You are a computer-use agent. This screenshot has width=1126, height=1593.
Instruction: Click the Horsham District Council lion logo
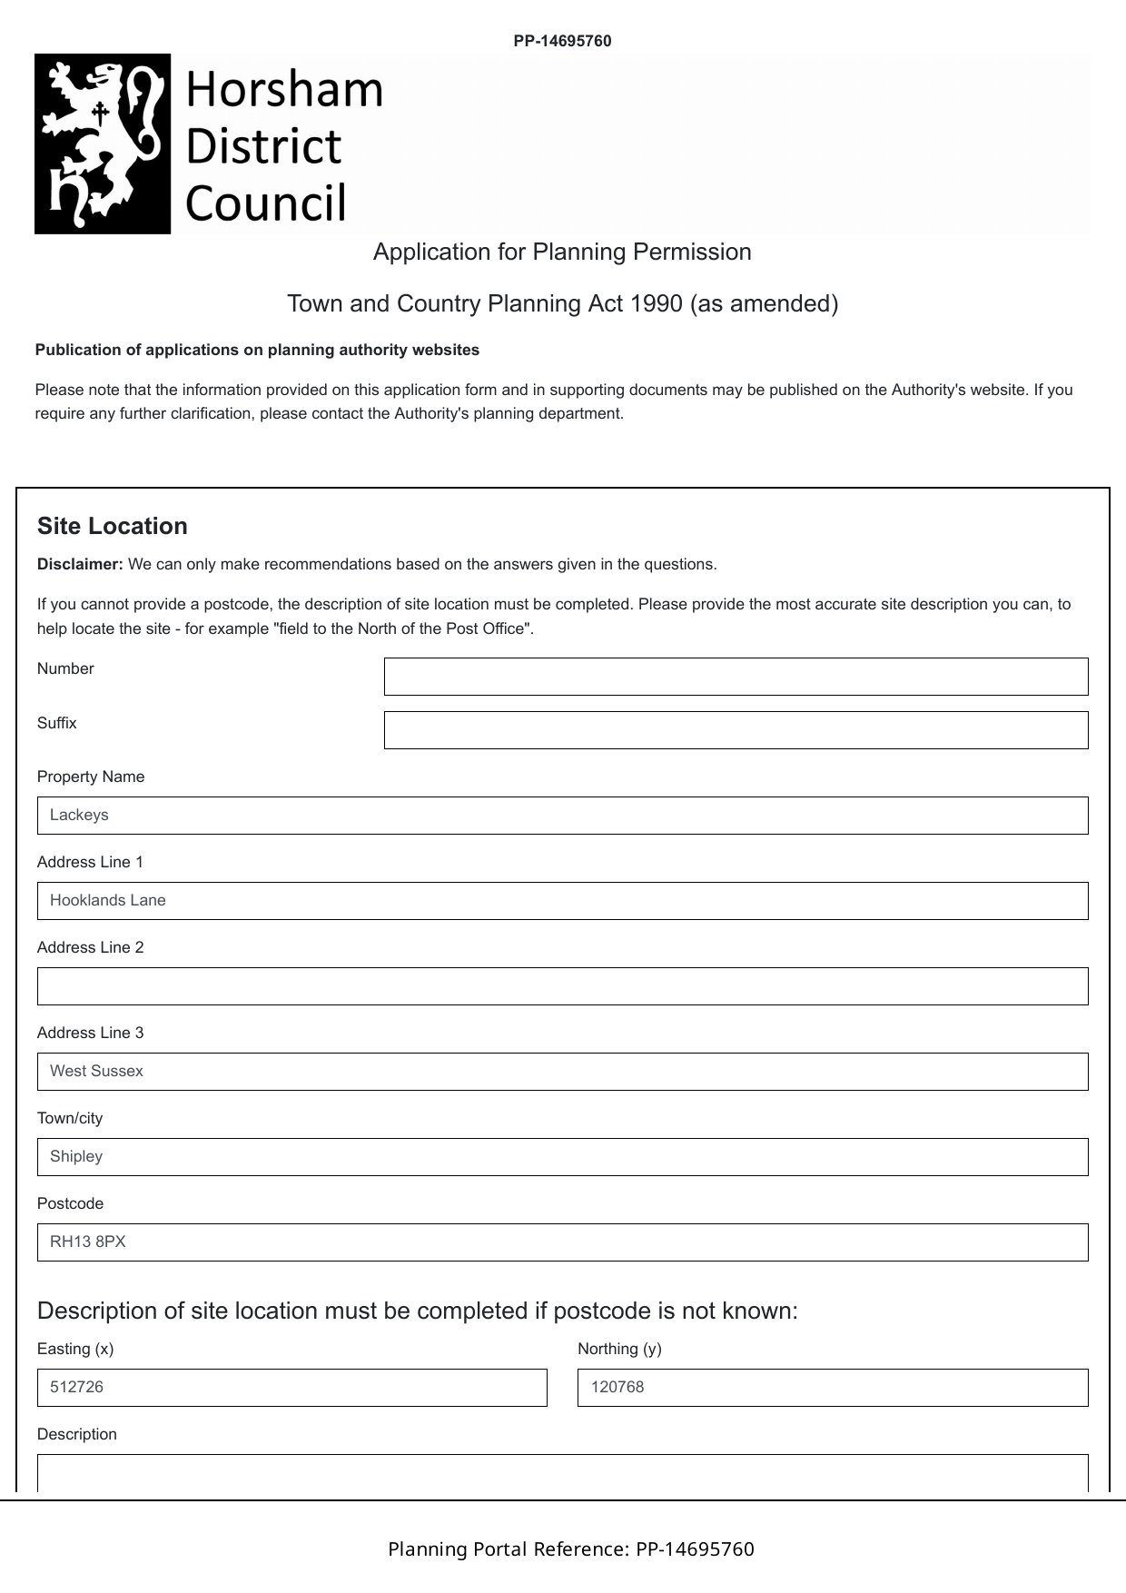click(x=103, y=143)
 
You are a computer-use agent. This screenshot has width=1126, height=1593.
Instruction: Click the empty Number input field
click(x=736, y=677)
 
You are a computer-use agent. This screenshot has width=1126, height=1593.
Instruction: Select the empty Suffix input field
click(x=736, y=730)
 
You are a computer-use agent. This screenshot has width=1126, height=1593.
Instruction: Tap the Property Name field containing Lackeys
click(x=562, y=816)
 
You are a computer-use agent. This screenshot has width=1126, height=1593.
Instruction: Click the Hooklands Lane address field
click(x=562, y=901)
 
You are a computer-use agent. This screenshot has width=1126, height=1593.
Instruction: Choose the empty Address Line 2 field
click(x=562, y=986)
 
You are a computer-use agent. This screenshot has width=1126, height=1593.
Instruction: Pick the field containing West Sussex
click(x=562, y=1072)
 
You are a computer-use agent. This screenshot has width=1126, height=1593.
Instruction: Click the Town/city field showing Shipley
click(x=562, y=1157)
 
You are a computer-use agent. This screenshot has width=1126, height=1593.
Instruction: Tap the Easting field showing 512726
click(x=291, y=1388)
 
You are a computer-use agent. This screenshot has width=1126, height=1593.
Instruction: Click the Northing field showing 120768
click(x=832, y=1388)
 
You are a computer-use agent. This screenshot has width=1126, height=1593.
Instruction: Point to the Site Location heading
click(x=113, y=527)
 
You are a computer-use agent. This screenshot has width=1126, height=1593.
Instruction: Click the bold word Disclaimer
click(x=80, y=565)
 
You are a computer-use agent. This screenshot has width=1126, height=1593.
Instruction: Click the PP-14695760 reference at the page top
click(x=562, y=41)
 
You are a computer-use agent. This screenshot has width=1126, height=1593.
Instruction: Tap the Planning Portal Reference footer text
click(x=570, y=1549)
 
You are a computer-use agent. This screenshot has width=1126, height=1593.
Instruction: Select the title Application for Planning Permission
click(x=562, y=252)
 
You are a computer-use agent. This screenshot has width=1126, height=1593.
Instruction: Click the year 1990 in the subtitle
click(x=656, y=303)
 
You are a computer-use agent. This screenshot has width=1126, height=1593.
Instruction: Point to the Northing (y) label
click(x=619, y=1349)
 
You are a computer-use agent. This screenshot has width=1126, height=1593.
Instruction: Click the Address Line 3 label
click(x=90, y=1033)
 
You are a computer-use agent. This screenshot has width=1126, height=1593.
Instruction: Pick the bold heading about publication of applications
click(x=257, y=351)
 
